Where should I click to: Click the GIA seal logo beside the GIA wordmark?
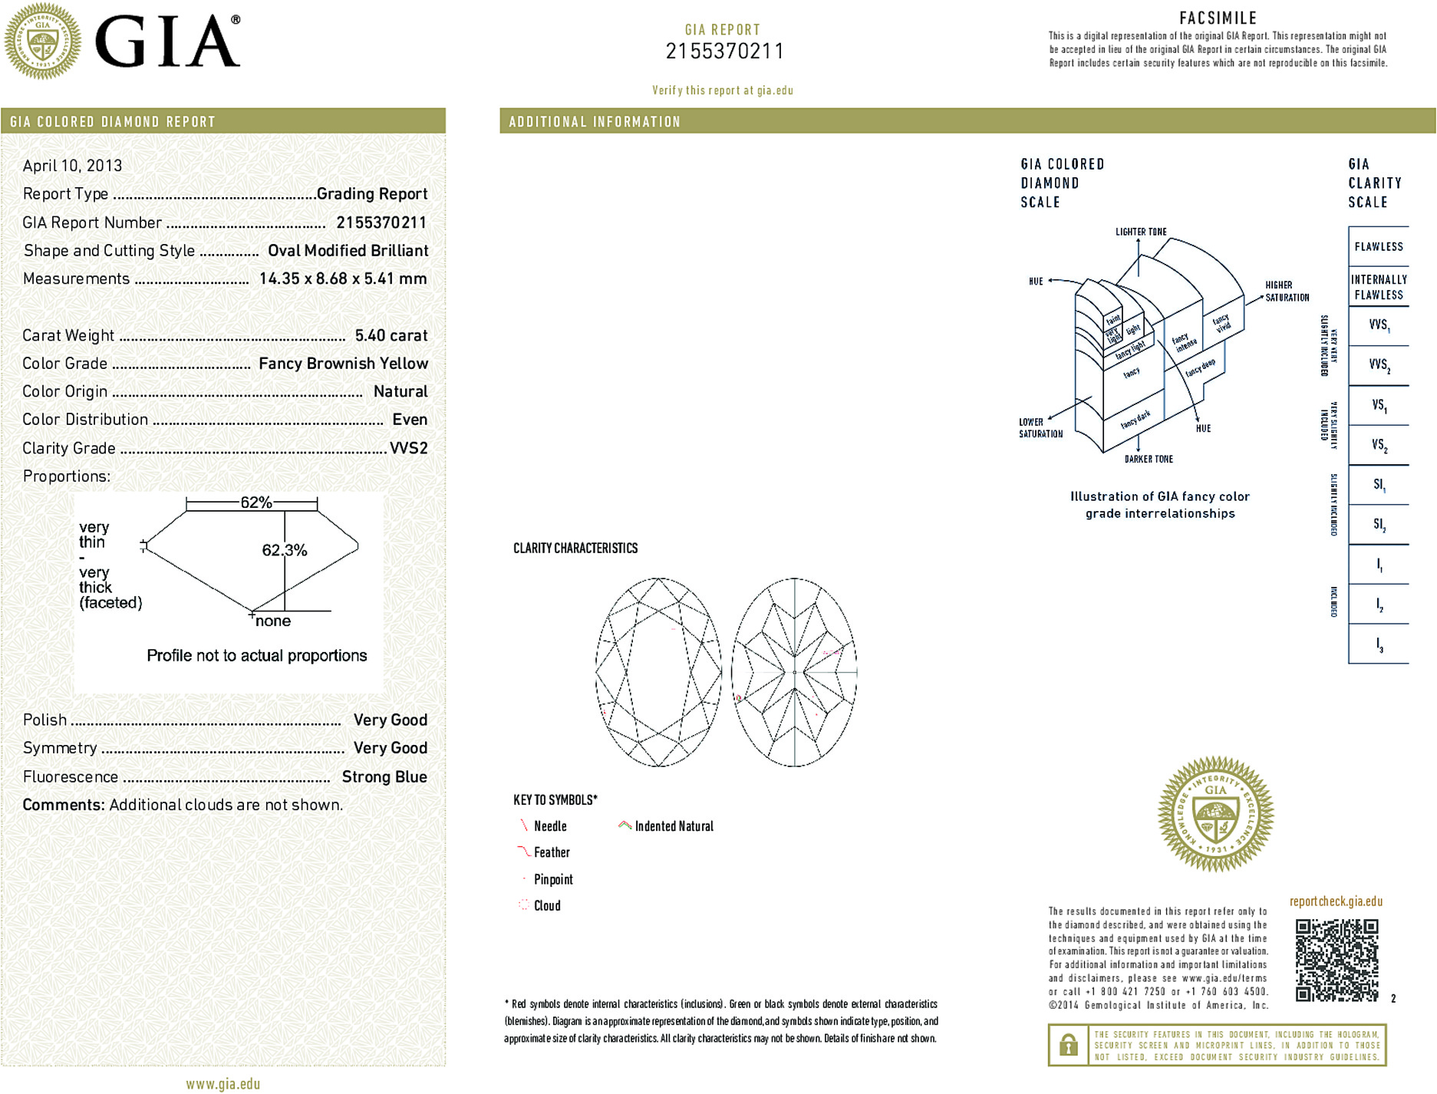click(42, 41)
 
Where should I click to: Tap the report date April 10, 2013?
click(72, 166)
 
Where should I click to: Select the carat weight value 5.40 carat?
click(391, 335)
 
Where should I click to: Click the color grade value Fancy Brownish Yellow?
click(343, 364)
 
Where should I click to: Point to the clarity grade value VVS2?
click(408, 448)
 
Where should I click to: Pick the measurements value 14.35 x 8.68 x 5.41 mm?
click(343, 278)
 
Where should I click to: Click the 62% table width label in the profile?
click(256, 503)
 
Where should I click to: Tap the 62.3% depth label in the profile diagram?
click(284, 550)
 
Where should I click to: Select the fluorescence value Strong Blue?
click(384, 776)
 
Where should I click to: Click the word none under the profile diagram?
click(273, 621)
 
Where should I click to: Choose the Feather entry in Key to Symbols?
click(552, 852)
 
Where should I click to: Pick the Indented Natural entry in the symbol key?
click(674, 826)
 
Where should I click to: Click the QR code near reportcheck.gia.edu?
click(1336, 960)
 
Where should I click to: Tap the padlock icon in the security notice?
click(1068, 1045)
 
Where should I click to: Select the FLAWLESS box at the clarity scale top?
click(1379, 246)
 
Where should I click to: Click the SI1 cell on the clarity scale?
click(1379, 485)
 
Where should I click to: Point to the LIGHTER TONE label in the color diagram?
click(1141, 232)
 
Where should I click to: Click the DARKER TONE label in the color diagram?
click(1149, 459)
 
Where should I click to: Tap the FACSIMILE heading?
click(1218, 18)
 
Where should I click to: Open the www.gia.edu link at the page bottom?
click(222, 1084)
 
